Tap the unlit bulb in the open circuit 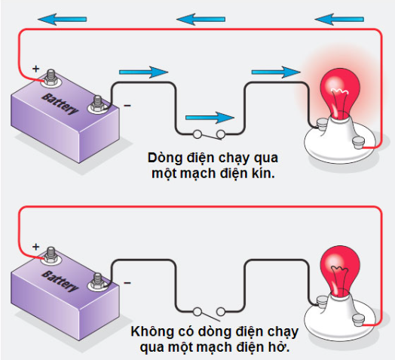tap(340, 270)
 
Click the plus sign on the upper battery tap(35, 69)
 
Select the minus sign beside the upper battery tap(127, 106)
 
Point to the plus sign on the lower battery tap(35, 247)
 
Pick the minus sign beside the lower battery tap(127, 283)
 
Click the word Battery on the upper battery tap(60, 104)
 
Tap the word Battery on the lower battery tap(60, 282)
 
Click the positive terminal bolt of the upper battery tap(51, 78)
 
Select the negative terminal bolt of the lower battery tap(97, 282)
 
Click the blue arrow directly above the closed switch tap(210, 118)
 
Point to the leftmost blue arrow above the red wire tap(63, 19)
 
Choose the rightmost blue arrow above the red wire tap(339, 19)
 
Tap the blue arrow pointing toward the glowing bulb tap(276, 72)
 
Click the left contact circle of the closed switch tap(197, 134)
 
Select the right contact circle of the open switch tap(221, 312)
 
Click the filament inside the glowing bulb tap(339, 91)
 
